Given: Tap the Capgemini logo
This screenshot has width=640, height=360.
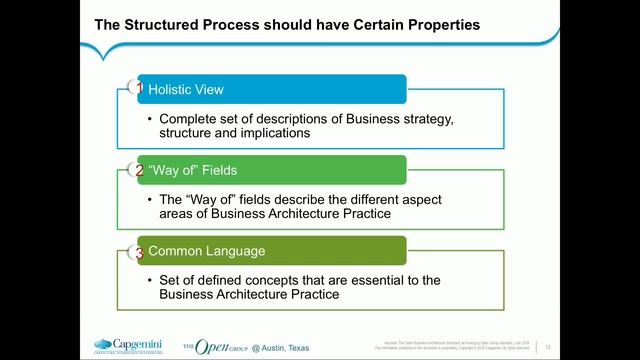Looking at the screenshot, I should (x=131, y=346).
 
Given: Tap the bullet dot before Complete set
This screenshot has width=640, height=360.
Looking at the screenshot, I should (x=150, y=120).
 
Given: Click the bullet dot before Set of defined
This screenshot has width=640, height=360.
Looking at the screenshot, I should (x=150, y=281).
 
